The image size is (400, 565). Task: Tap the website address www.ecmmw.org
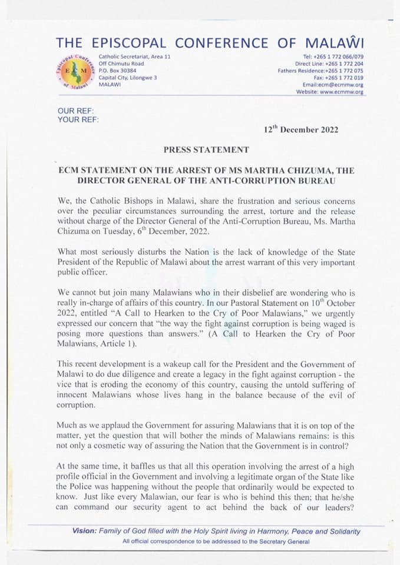pyautogui.click(x=343, y=92)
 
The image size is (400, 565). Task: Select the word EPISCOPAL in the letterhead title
pyautogui.click(x=125, y=43)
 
